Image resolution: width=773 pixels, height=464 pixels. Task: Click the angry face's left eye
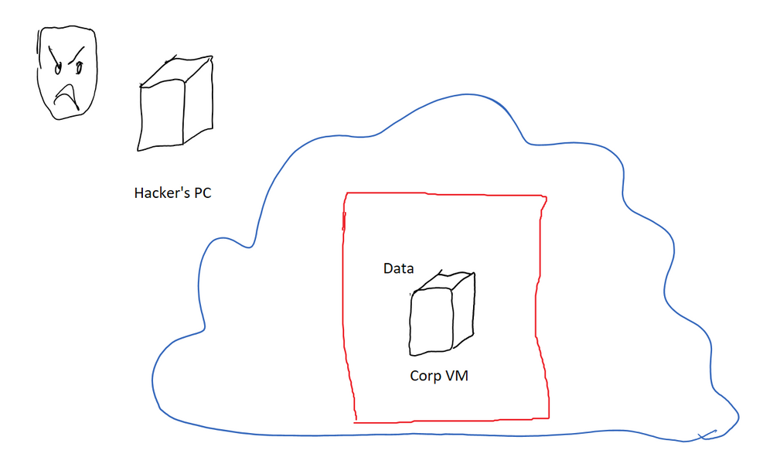[57, 68]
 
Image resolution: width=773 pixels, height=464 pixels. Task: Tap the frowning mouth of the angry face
[69, 95]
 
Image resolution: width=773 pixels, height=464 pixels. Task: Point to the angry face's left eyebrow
[56, 56]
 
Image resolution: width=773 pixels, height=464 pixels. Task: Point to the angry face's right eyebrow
[77, 54]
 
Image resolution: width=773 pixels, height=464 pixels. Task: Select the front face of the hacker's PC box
[161, 116]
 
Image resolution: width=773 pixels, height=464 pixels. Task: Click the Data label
[399, 269]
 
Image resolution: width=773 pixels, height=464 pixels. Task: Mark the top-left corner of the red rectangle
[345, 193]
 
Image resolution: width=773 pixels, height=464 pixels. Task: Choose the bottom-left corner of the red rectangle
[355, 421]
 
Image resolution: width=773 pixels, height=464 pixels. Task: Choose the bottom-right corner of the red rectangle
[549, 418]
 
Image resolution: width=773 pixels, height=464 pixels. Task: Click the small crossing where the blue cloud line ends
[706, 435]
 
